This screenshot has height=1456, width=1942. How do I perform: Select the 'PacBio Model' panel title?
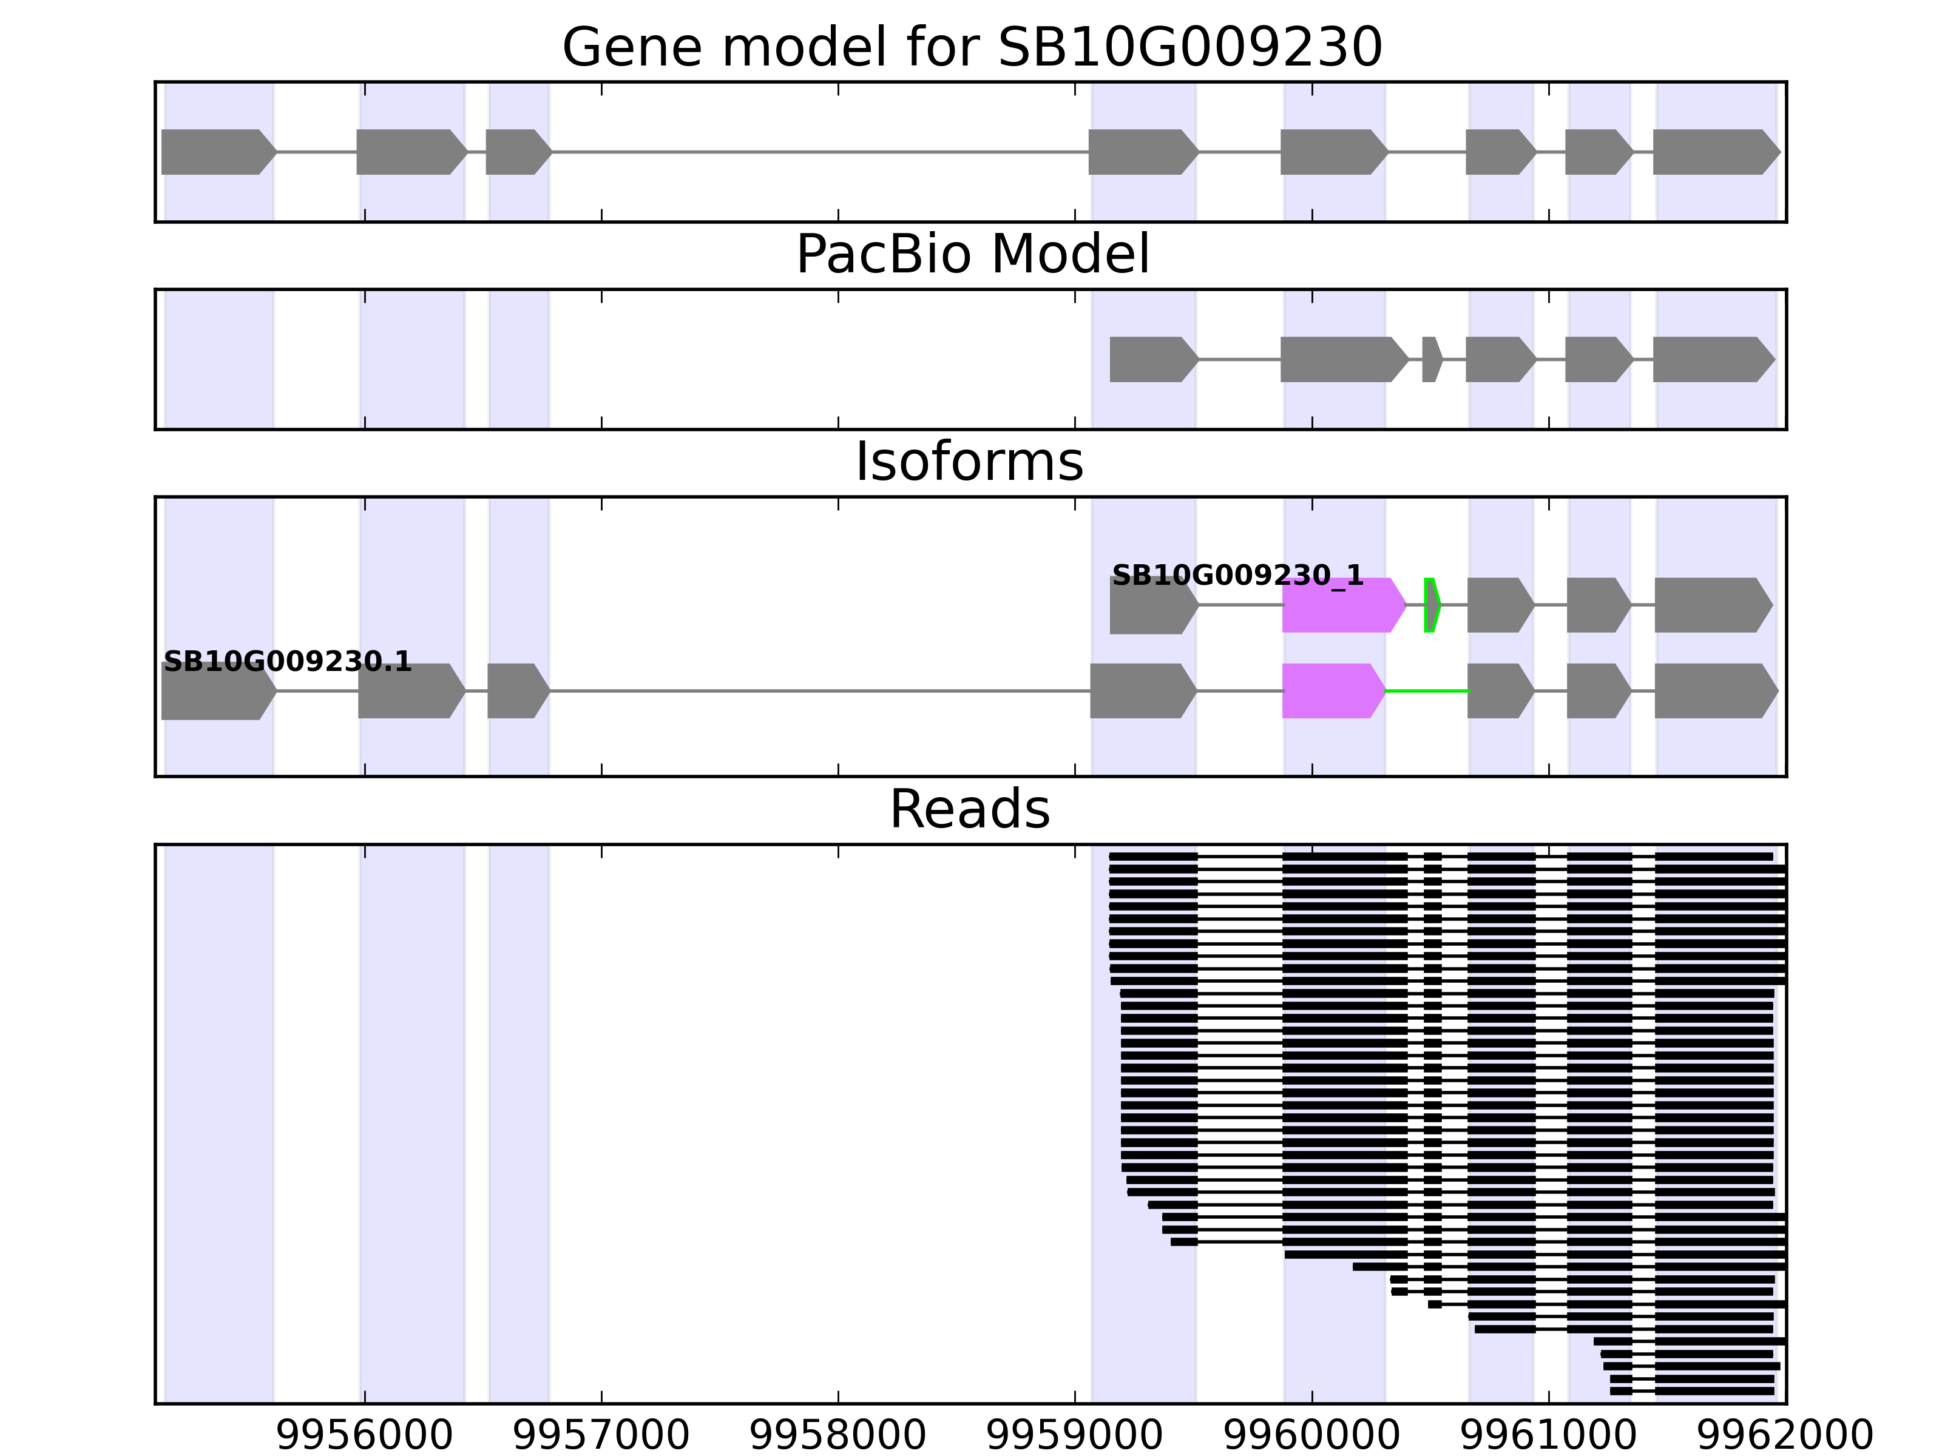pyautogui.click(x=971, y=255)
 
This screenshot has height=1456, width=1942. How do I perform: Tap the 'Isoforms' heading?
pyautogui.click(x=969, y=462)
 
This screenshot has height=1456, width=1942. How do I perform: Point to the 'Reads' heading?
pyautogui.click(x=969, y=809)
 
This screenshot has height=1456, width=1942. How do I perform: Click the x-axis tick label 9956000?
pyautogui.click(x=364, y=1436)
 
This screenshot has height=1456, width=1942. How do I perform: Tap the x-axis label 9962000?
pyautogui.click(x=1785, y=1436)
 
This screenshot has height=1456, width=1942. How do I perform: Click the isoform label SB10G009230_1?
pyautogui.click(x=1237, y=576)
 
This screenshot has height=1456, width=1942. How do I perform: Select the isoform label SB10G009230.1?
pyautogui.click(x=287, y=662)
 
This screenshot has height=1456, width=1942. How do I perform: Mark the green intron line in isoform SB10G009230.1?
pyautogui.click(x=1427, y=692)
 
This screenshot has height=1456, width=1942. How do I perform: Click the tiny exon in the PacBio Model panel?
pyautogui.click(x=1431, y=360)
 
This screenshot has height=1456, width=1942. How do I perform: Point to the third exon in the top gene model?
pyautogui.click(x=517, y=153)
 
